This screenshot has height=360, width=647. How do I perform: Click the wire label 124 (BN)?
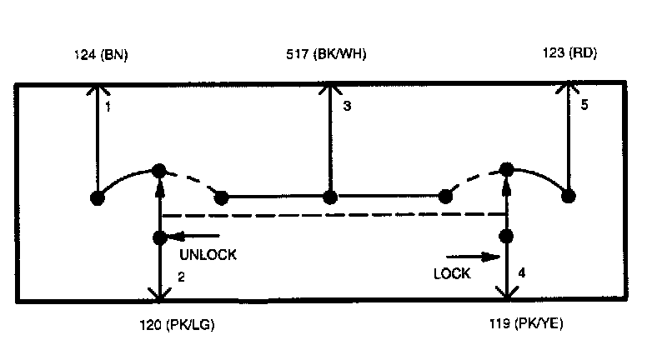tap(100, 55)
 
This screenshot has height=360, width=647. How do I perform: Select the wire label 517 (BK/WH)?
tap(326, 55)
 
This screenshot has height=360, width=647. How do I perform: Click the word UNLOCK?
tap(208, 255)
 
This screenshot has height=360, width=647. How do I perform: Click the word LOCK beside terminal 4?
tap(452, 272)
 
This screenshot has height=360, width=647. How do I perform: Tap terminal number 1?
tap(108, 107)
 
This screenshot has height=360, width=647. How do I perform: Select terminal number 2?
tap(181, 276)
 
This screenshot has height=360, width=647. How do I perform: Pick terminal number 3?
tap(348, 106)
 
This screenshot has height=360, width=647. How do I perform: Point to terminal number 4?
tap(522, 272)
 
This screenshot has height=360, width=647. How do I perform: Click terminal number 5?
tap(584, 106)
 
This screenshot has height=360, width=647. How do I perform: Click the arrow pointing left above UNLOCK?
tap(198, 237)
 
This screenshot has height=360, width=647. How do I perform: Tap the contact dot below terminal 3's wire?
tap(330, 197)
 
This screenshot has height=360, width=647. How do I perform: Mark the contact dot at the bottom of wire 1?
tap(98, 197)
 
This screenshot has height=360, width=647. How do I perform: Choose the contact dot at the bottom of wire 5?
tap(569, 197)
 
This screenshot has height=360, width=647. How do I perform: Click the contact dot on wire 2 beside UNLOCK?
tap(160, 237)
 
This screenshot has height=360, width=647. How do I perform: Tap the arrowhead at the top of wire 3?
tap(330, 87)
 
